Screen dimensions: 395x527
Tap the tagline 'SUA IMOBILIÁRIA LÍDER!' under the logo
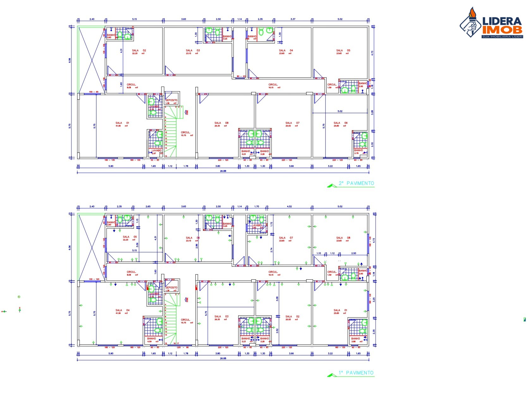pos(502,37)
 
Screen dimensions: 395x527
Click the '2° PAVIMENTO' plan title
pos(356,183)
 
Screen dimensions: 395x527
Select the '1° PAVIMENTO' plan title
pos(356,373)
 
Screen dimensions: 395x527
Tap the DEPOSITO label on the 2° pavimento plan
pos(171,100)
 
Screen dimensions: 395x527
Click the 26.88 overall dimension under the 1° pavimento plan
pos(223,358)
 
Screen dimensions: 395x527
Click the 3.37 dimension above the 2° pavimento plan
pos(293,19)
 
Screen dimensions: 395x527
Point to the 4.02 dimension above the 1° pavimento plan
pos(289,207)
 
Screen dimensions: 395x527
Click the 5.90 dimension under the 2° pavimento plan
pos(111,166)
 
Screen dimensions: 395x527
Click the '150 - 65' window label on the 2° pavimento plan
pos(94,92)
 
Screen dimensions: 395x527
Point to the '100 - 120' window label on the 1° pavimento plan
pos(94,279)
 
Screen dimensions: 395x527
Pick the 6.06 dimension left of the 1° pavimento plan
pos(70,247)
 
